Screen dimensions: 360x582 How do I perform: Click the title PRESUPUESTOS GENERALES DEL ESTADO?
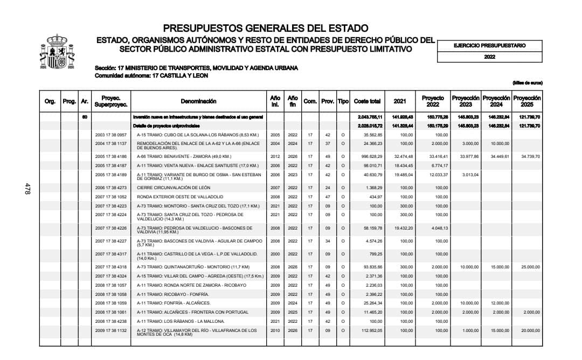(x=266, y=28)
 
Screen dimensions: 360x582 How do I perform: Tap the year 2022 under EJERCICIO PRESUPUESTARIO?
(x=489, y=57)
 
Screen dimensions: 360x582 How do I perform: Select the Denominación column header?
(x=198, y=101)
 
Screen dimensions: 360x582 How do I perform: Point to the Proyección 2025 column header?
(x=527, y=101)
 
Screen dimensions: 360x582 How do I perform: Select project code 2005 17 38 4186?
(x=110, y=156)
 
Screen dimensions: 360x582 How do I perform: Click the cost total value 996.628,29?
(x=370, y=156)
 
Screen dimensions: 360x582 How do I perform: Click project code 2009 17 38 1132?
(x=110, y=331)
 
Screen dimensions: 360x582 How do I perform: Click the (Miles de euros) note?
(x=527, y=82)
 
